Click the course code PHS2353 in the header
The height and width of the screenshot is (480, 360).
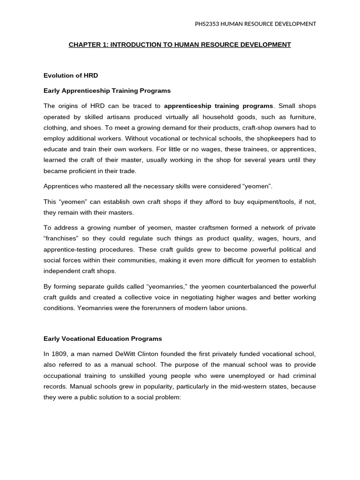point(208,24)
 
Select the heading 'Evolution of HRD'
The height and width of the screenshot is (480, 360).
point(71,75)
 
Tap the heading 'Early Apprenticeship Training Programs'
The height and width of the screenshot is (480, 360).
point(107,90)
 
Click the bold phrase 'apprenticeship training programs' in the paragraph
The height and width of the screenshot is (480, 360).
point(218,106)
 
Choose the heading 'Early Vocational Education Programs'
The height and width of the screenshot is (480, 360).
point(103,338)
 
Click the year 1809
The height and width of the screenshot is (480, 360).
point(60,354)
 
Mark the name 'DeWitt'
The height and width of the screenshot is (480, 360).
point(127,354)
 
